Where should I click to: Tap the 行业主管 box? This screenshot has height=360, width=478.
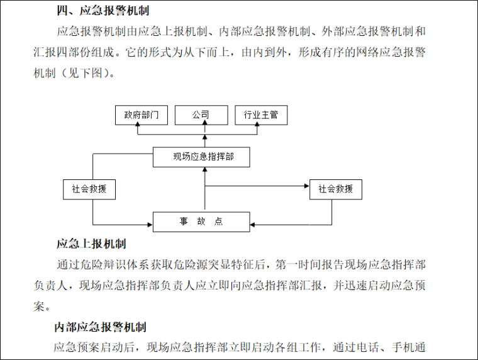[260, 115]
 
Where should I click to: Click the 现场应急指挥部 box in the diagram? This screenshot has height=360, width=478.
[203, 157]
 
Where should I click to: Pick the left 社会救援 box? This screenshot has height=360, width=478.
[89, 189]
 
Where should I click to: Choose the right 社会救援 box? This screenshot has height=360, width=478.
[335, 189]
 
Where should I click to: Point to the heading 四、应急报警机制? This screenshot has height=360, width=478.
[103, 10]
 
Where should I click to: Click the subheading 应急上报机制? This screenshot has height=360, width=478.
[92, 244]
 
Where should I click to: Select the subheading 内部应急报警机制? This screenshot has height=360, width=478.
[101, 327]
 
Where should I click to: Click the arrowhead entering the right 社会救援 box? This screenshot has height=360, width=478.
[306, 186]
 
